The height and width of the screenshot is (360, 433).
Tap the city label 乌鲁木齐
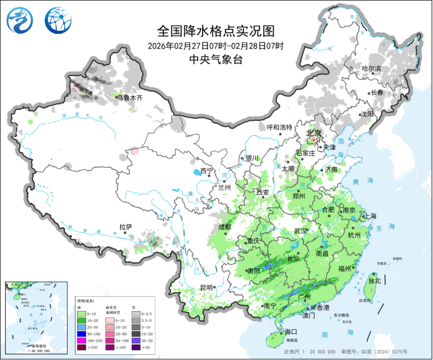tap(129, 97)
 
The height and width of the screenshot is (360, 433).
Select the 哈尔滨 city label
tap(371, 69)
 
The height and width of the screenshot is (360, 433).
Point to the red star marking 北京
tap(314, 140)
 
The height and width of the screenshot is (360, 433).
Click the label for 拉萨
tap(126, 227)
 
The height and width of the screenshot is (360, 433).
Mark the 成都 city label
tap(225, 227)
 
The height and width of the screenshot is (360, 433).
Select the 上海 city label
tap(371, 216)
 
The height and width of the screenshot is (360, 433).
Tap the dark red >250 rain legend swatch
tap(81, 347)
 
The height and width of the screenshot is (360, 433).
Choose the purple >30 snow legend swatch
tap(135, 347)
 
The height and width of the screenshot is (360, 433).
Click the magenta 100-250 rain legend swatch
tap(81, 340)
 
